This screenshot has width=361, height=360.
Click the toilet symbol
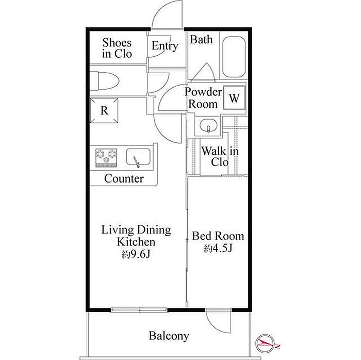click(104, 81)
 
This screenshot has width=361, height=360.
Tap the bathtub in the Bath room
click(234, 57)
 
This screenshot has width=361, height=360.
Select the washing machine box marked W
click(234, 97)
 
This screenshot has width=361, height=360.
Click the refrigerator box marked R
click(104, 111)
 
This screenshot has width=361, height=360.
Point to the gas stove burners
click(106, 158)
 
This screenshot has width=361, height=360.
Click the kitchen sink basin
click(138, 157)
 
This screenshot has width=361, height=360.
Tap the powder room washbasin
click(208, 126)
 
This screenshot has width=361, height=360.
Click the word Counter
click(124, 178)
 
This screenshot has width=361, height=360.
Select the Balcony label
click(169, 336)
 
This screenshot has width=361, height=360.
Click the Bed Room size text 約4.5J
click(218, 248)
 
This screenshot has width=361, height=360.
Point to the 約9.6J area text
click(136, 254)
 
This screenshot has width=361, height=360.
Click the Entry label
click(165, 46)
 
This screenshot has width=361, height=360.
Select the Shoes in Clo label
click(117, 48)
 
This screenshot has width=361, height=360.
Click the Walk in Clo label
click(220, 156)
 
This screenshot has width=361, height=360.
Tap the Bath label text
click(201, 39)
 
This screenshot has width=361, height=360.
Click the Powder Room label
click(203, 98)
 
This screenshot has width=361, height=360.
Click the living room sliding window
click(139, 310)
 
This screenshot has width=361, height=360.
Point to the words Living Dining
click(136, 230)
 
